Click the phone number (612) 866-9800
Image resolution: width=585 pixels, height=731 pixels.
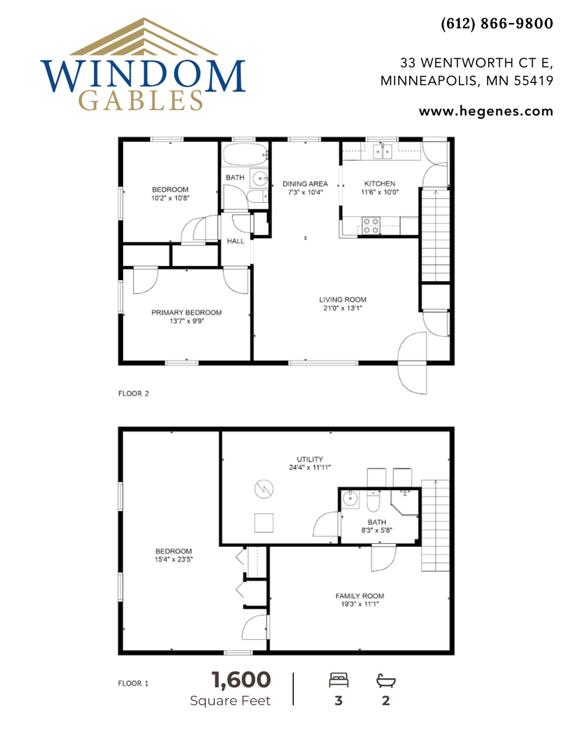(x=497, y=24)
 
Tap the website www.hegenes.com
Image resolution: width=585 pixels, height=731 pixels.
(x=486, y=111)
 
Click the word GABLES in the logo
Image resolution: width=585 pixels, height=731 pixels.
(x=141, y=101)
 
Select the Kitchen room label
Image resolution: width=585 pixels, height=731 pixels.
(x=379, y=184)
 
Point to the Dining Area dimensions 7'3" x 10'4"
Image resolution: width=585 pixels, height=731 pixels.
(x=305, y=193)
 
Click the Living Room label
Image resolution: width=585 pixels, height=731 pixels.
(x=342, y=300)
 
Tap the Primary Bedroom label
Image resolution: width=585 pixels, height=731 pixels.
(x=186, y=313)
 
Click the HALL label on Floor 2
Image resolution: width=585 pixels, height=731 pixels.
(x=235, y=241)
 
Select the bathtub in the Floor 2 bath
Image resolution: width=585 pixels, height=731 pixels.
(x=245, y=155)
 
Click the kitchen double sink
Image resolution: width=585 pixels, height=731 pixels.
(x=382, y=152)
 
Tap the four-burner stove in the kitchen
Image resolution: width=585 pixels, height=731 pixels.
(x=371, y=225)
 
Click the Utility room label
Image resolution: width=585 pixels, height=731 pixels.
(x=310, y=459)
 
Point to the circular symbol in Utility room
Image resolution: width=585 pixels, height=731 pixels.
(x=264, y=489)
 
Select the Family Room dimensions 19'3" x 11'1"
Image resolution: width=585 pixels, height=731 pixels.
(x=360, y=604)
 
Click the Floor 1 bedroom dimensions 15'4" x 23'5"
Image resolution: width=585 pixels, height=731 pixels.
(x=174, y=559)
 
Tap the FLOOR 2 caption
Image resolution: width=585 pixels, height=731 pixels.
(x=133, y=394)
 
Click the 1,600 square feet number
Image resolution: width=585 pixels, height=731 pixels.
(x=241, y=680)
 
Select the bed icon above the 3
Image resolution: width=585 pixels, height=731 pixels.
(x=339, y=680)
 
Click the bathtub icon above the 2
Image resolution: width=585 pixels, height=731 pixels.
(x=386, y=680)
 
